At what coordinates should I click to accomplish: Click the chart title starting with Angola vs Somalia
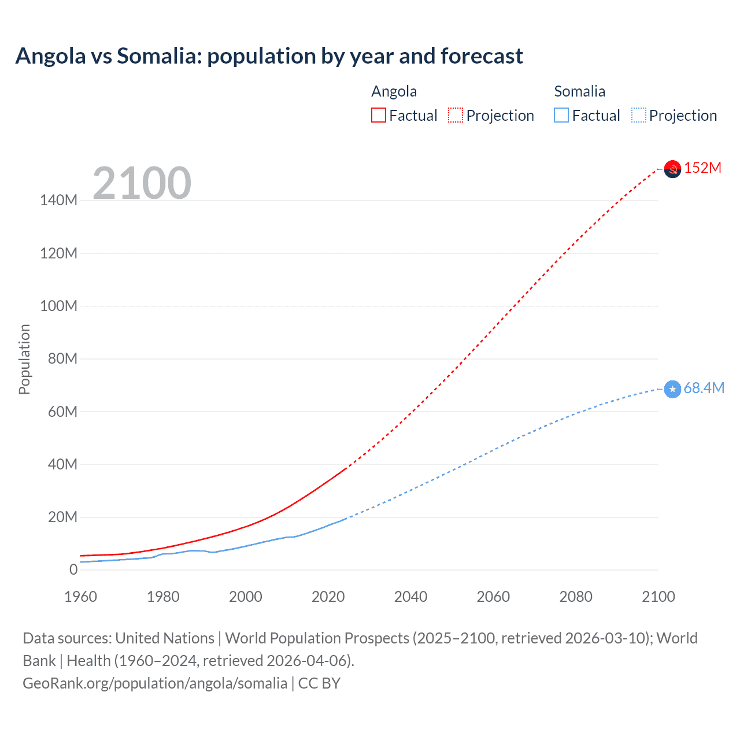pyautogui.click(x=269, y=56)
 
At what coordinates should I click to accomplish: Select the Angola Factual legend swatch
pyautogui.click(x=378, y=115)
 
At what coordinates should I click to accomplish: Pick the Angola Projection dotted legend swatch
pyautogui.click(x=456, y=115)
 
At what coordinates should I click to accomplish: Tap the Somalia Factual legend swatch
pyautogui.click(x=561, y=115)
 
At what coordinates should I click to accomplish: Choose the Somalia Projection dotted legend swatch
pyautogui.click(x=639, y=115)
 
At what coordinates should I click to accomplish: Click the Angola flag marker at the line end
pyautogui.click(x=672, y=169)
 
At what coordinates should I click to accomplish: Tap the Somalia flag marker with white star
pyautogui.click(x=672, y=389)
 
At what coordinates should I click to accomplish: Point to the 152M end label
pyautogui.click(x=702, y=168)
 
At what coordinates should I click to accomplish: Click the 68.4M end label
pyautogui.click(x=704, y=388)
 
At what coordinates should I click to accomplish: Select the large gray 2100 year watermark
pyautogui.click(x=142, y=183)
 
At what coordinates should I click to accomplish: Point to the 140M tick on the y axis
pyautogui.click(x=58, y=201)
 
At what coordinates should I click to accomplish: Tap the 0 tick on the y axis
pyautogui.click(x=73, y=569)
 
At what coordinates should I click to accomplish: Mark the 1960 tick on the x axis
pyautogui.click(x=80, y=597)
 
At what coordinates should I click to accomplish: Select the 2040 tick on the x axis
pyautogui.click(x=410, y=597)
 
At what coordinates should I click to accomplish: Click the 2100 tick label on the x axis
pyautogui.click(x=658, y=597)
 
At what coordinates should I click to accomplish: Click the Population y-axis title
pyautogui.click(x=24, y=359)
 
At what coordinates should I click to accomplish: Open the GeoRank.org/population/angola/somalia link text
pyautogui.click(x=155, y=683)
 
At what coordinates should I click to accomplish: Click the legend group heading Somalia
pyautogui.click(x=579, y=91)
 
